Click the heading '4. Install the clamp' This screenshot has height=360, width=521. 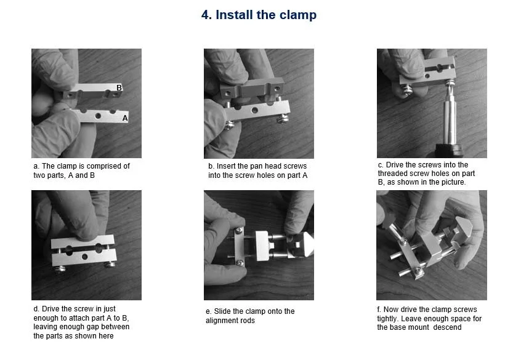259,15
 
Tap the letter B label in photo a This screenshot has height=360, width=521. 119,88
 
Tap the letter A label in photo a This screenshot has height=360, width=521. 125,117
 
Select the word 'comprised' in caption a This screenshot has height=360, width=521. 99,166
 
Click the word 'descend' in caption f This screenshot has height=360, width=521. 449,327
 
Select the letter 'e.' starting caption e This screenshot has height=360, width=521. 209,311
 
